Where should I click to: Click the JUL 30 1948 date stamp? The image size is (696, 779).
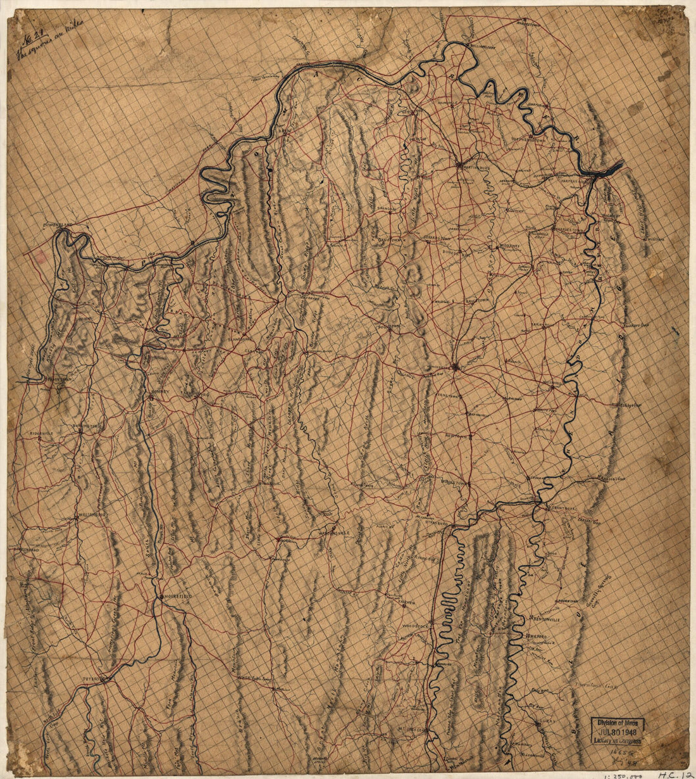click(x=618, y=731)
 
